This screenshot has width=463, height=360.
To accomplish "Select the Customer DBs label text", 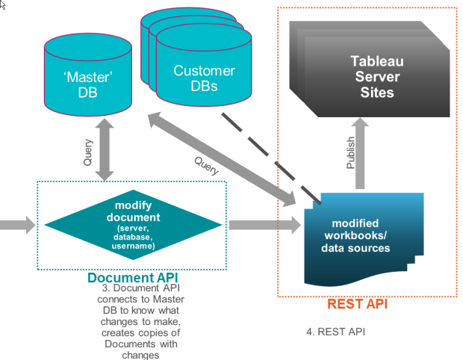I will tap(204, 79).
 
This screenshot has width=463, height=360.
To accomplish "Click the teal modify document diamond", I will tap(134, 225).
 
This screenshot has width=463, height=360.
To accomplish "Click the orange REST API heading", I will tap(357, 305).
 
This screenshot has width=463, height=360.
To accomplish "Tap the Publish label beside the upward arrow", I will tap(351, 152).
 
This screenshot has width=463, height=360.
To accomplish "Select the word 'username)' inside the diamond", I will tap(134, 246).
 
